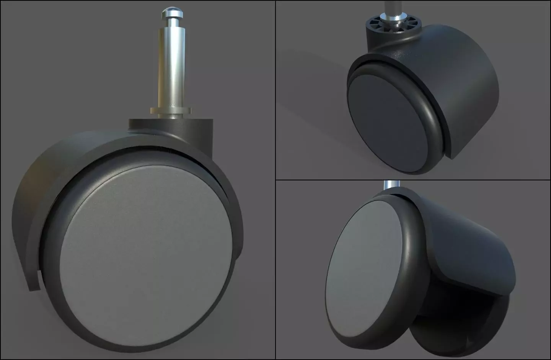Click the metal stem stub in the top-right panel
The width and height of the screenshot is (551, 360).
393,5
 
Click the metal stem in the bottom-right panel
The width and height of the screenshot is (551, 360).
392,186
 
